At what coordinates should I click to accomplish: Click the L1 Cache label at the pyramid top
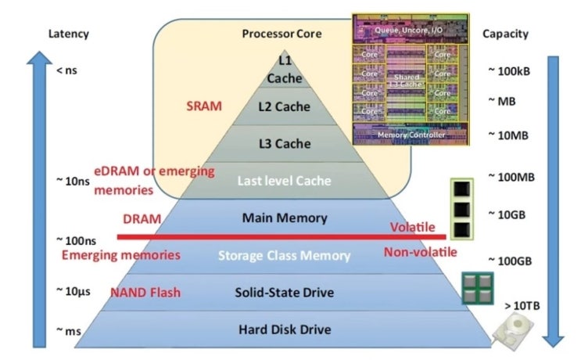click(x=284, y=68)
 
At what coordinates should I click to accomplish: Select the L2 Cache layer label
click(x=284, y=106)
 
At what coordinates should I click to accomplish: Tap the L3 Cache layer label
click(x=284, y=144)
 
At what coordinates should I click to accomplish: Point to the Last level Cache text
click(x=284, y=181)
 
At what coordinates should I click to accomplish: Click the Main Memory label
click(x=284, y=218)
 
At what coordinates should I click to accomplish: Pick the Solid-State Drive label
click(x=284, y=293)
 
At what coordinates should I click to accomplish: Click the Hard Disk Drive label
click(x=284, y=329)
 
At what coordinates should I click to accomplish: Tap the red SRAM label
click(x=204, y=105)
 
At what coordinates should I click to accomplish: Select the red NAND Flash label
click(x=145, y=293)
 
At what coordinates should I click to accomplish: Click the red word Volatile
click(x=412, y=227)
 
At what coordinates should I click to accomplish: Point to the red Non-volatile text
click(x=420, y=252)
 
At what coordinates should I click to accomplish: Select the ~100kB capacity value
click(x=508, y=71)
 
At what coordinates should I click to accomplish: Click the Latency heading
click(x=69, y=34)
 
